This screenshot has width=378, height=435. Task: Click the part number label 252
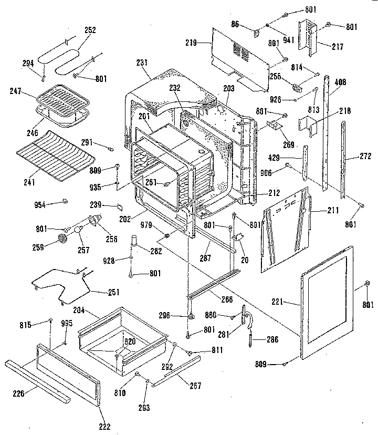pyautogui.click(x=90, y=30)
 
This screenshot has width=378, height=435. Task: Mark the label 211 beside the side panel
pyautogui.click(x=318, y=212)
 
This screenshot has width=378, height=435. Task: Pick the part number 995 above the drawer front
pyautogui.click(x=67, y=324)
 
